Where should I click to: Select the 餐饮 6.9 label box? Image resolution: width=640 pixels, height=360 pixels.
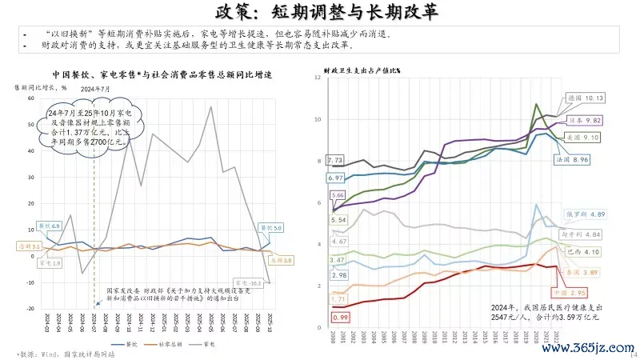coord(49,227)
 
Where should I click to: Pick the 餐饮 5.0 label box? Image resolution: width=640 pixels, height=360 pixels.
coord(273,228)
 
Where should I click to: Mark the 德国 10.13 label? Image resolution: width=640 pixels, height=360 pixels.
coord(585,98)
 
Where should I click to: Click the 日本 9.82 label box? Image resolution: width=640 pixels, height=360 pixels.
coord(585,119)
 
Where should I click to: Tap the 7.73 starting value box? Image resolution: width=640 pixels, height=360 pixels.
coord(335,160)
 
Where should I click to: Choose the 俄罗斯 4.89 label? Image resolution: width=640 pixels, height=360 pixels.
coord(586,214)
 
